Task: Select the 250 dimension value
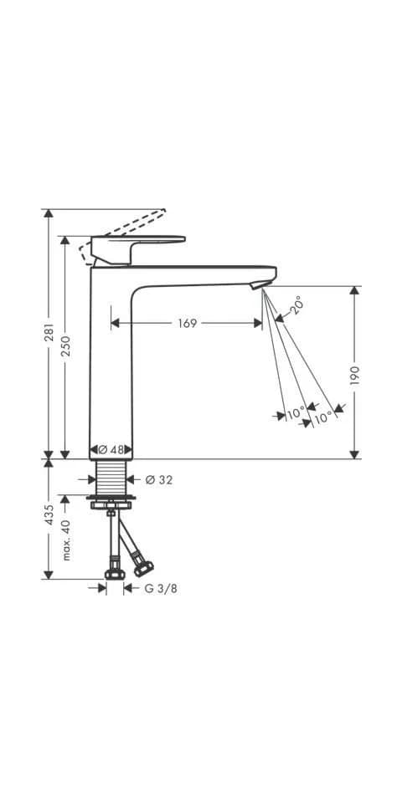point(66,346)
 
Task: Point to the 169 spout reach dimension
point(188,323)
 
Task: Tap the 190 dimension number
point(356,376)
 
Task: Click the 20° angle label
point(296,304)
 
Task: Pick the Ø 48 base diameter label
point(111,450)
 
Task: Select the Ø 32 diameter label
point(159,480)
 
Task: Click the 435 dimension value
point(49,514)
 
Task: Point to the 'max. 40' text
point(66,540)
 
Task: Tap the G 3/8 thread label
point(161,589)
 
